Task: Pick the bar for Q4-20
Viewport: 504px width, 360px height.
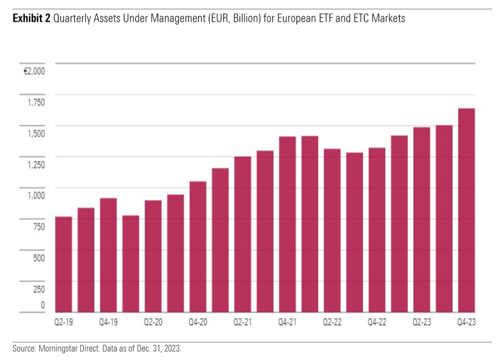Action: click(x=197, y=247)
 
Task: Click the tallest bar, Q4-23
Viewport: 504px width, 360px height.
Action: click(x=467, y=210)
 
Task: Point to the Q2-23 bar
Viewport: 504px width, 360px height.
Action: click(x=421, y=219)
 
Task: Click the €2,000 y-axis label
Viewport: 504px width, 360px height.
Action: click(x=34, y=71)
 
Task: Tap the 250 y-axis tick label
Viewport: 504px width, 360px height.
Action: click(x=39, y=289)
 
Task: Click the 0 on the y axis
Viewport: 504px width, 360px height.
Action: click(x=42, y=305)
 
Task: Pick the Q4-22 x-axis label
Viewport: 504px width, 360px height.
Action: click(x=377, y=323)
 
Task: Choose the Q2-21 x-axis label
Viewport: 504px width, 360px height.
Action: click(x=242, y=323)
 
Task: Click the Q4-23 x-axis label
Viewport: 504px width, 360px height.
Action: click(x=467, y=323)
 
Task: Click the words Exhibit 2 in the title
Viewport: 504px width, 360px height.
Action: click(x=31, y=19)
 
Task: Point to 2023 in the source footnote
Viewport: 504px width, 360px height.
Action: click(x=171, y=349)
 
